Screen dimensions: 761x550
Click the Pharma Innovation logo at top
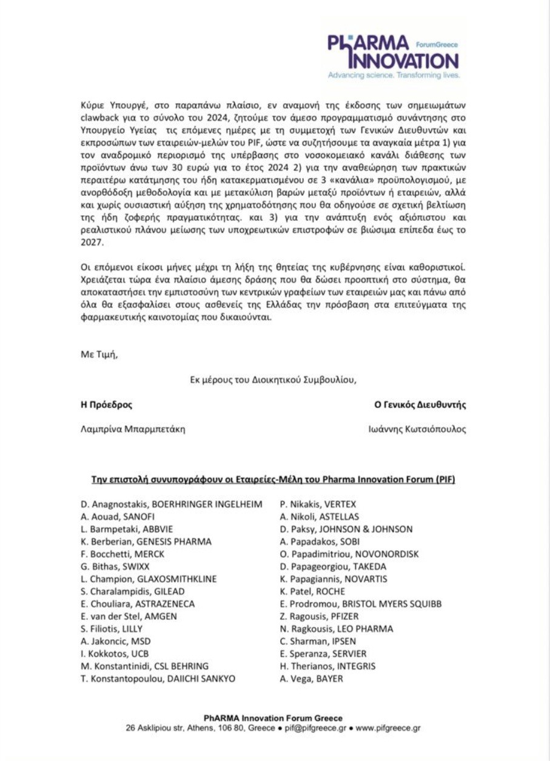pos(392,53)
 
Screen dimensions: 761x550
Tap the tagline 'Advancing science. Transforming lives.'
pos(394,76)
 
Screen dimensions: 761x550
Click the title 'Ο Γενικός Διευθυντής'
pos(420,404)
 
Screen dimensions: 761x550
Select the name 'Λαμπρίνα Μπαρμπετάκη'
pos(133,429)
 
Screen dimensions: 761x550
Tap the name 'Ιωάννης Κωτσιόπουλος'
pos(417,429)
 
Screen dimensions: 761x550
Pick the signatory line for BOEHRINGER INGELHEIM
pos(172,504)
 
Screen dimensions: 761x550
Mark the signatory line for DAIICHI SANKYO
pos(158,679)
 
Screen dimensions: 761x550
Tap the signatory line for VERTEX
pos(318,504)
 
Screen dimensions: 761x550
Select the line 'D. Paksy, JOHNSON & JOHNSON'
pos(346,529)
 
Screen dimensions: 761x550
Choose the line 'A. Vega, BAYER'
pos(311,679)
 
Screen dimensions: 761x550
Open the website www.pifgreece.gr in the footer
pos(388,728)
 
